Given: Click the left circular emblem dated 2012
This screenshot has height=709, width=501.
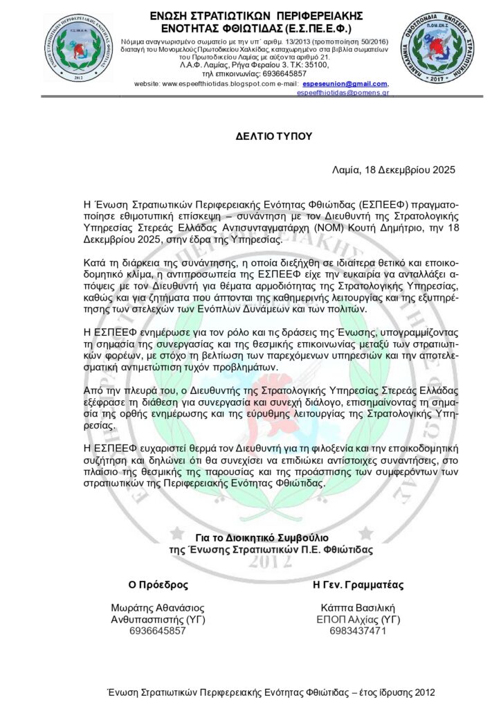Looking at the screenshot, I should [x=78, y=47].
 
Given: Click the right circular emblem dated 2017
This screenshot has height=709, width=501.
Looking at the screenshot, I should [x=430, y=46].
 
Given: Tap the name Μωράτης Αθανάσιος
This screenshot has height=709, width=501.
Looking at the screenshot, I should [x=158, y=607].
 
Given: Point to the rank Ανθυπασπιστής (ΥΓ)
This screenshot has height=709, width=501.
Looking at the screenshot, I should [x=158, y=619].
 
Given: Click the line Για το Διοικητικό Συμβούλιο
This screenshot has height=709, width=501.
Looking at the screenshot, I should [x=262, y=537].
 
